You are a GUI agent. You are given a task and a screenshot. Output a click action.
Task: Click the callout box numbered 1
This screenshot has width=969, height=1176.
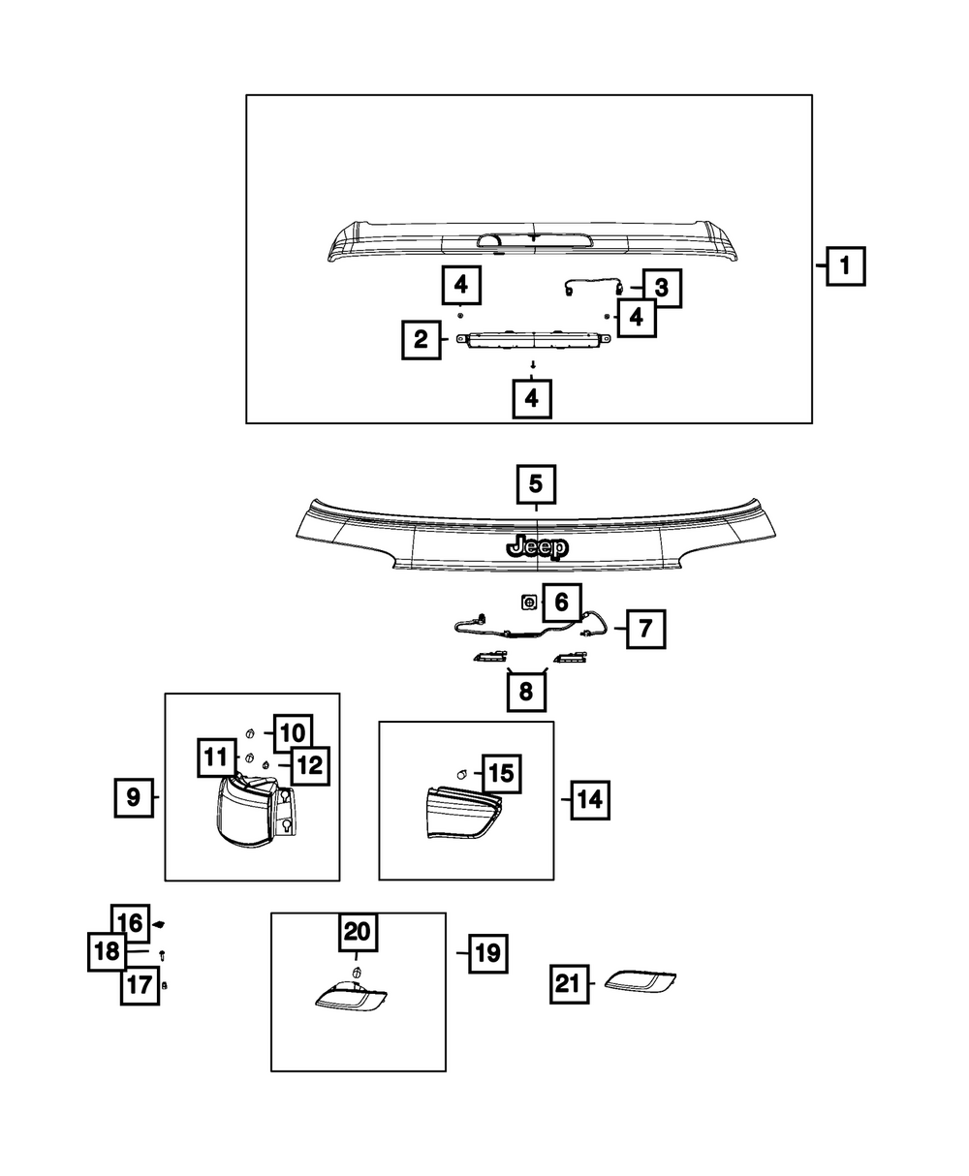coord(845,265)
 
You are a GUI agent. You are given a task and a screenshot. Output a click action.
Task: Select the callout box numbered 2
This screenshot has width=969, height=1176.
coord(421,340)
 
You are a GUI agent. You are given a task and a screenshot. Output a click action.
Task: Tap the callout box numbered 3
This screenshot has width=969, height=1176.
coord(662,288)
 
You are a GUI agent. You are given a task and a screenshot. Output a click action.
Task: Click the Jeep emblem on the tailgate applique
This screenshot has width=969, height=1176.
coord(537,547)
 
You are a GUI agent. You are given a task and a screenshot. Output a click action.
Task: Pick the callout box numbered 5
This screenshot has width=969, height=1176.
coord(536,483)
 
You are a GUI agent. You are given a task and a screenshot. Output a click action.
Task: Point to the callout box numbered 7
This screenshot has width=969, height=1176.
coord(645,629)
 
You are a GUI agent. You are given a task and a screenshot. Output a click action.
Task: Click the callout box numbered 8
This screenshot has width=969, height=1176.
coord(526,691)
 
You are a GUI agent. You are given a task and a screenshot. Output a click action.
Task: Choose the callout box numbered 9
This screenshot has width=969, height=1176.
coord(134,797)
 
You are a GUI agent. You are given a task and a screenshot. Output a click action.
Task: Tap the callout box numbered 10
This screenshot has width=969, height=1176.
coord(293,733)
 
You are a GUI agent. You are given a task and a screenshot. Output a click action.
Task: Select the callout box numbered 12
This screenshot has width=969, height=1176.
coord(310,765)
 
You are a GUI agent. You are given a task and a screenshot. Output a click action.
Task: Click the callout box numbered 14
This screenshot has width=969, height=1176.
coord(590,800)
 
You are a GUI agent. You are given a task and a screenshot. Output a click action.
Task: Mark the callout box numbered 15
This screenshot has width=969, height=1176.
coord(501,774)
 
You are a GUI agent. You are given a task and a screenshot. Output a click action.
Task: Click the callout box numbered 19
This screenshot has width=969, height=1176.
coord(487,953)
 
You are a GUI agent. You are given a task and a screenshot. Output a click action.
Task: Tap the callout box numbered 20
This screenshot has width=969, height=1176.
coord(358,932)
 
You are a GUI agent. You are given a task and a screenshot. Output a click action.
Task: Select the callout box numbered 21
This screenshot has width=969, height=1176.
coord(569,984)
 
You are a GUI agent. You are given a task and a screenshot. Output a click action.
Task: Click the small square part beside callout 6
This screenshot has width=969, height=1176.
coord(528,603)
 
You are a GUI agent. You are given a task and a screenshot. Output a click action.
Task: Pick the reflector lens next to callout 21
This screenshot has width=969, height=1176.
coord(640,982)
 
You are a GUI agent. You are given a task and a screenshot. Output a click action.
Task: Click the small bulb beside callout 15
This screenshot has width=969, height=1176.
coord(462,774)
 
